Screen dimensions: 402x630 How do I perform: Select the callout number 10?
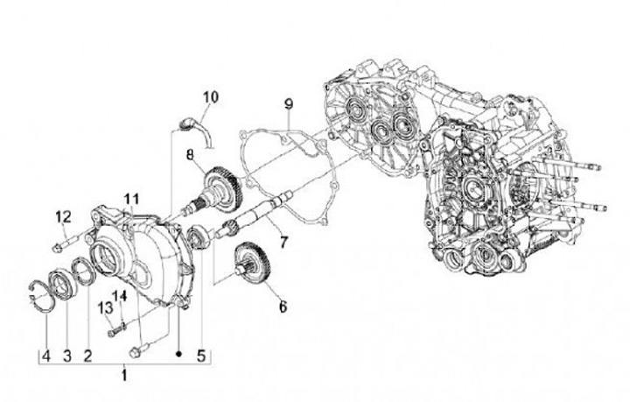210,96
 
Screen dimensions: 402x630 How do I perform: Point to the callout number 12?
63,216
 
